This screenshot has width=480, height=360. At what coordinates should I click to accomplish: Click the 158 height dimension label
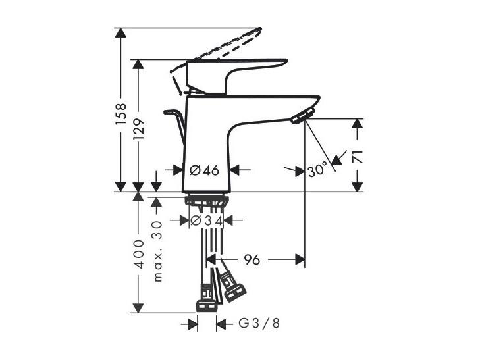coord(120,114)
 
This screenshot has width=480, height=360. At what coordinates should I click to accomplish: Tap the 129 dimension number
coord(138,129)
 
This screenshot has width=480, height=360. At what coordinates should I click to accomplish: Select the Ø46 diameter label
coord(204,170)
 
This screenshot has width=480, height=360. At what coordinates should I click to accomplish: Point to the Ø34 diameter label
coord(206,220)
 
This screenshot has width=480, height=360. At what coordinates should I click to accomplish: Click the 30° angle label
coord(317,170)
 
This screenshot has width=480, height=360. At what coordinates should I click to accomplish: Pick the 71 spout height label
coord(358,157)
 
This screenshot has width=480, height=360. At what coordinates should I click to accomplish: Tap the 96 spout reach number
coord(252,260)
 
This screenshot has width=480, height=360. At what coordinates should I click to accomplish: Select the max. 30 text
coord(157,251)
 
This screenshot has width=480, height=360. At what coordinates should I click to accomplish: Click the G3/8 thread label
coord(259,323)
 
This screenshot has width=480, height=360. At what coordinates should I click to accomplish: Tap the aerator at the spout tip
coord(303,115)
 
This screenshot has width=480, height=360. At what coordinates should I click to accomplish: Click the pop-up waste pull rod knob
coord(169,113)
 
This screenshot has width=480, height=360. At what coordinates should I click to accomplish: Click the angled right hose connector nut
coord(235,292)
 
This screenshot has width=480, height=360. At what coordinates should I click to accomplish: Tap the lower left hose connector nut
coord(207,306)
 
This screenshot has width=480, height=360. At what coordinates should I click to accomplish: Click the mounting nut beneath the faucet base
coord(206,201)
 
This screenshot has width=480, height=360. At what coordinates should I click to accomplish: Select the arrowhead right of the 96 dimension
coord(300,260)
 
